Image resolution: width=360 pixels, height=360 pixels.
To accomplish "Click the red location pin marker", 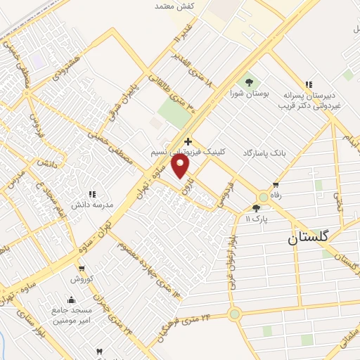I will [181, 166].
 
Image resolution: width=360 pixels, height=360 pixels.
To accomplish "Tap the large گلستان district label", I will [308, 238].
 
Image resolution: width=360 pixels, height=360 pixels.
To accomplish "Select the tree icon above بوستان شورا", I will [247, 82].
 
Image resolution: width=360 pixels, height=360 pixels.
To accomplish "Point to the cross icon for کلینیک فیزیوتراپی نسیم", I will [187, 141].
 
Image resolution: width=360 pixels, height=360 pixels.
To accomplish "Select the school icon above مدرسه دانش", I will [91, 194].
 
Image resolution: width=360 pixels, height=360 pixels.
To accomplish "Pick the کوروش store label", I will [82, 278].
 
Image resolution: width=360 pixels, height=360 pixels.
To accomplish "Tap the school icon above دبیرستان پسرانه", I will [307, 83].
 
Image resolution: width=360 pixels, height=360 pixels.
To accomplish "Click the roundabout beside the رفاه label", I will [264, 198].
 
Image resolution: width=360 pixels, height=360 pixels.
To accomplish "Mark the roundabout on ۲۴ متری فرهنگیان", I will [234, 314].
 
